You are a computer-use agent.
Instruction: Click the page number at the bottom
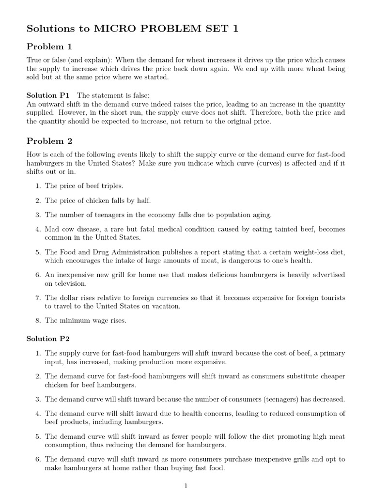[x=186, y=487]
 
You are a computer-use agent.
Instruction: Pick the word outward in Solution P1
[x=55, y=104]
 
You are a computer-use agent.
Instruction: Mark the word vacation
[x=180, y=306]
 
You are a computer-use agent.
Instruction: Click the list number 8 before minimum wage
[x=38, y=321]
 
